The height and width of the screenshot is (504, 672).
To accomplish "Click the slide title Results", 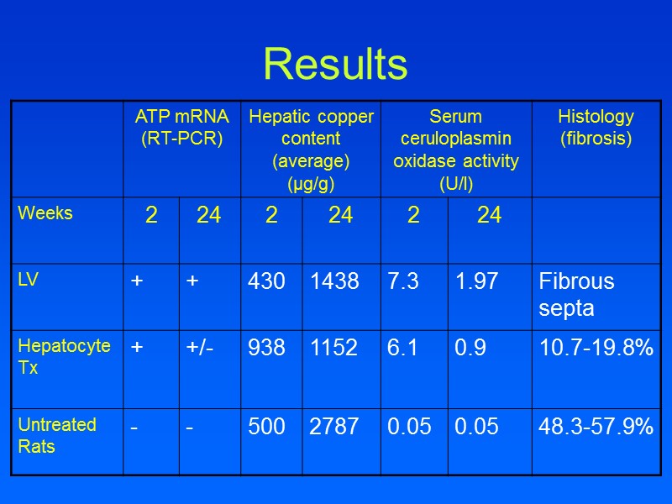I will [x=335, y=65].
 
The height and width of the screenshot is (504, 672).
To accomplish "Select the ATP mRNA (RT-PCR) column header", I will [x=181, y=128].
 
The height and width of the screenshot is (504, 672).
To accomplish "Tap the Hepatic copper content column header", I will [x=311, y=149].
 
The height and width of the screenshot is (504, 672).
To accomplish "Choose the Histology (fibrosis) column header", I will [x=596, y=128].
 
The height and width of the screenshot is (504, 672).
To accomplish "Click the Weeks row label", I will [x=45, y=213].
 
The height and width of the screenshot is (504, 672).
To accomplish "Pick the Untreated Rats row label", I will [x=57, y=435].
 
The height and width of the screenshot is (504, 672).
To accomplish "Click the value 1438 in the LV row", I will [x=333, y=282].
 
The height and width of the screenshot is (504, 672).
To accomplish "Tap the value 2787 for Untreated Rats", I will [x=333, y=427].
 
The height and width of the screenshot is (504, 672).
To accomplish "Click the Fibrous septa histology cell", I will [x=576, y=294].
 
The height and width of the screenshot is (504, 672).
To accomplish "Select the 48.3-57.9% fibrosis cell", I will [x=596, y=427].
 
